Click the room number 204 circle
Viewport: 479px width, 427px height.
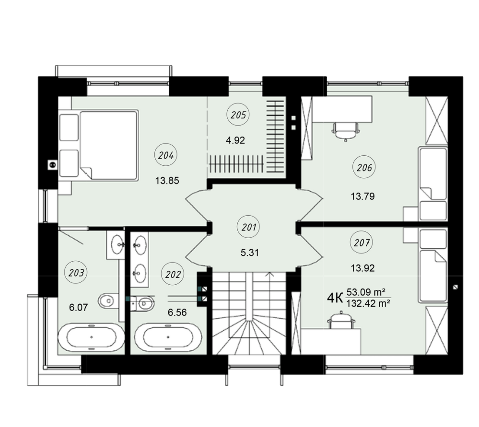click(x=166, y=155)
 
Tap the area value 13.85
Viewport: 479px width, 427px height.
click(x=167, y=181)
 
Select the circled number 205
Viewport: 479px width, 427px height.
click(x=238, y=115)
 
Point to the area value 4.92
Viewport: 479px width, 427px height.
click(x=235, y=140)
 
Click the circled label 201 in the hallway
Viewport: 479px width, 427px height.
click(x=249, y=227)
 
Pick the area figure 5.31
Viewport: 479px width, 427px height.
click(x=250, y=253)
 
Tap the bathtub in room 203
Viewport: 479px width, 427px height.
click(x=91, y=337)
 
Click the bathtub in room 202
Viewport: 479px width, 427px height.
click(x=168, y=337)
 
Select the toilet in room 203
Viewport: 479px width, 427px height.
click(x=108, y=301)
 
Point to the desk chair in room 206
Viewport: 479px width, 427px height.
click(x=346, y=131)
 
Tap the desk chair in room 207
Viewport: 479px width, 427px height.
click(x=341, y=320)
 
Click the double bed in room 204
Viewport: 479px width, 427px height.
click(x=108, y=145)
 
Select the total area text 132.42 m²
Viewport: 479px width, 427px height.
click(x=368, y=303)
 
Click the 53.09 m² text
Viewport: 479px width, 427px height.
click(x=366, y=292)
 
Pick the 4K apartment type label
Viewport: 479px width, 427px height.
click(x=335, y=298)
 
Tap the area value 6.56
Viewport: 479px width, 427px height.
click(x=177, y=312)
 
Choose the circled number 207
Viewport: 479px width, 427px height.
click(x=362, y=242)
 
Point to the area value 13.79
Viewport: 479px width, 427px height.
click(x=362, y=196)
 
